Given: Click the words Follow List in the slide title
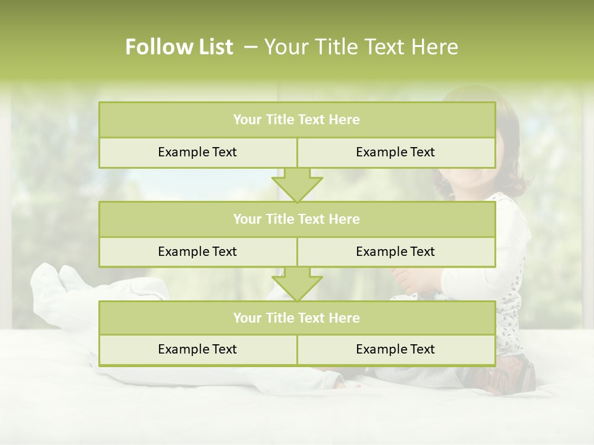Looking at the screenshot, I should pos(179,47).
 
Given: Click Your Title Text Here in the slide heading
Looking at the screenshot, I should pos(361,47).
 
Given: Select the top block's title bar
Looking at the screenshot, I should pos(297,120).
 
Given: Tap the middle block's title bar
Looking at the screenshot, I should pos(297,219).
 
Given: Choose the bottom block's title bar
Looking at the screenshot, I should pos(297,318).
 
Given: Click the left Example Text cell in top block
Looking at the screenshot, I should pos(197,152).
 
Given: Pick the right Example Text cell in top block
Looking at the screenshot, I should pos(395,152).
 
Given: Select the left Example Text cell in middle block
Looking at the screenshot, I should pos(197,252).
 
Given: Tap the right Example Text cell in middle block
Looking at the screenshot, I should pos(395,252).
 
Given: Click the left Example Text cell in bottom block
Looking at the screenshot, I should pos(197,349).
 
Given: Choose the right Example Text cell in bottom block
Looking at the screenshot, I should pos(395,349).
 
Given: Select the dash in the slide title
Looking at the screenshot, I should pos(251,47).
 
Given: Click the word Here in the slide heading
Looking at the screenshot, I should pos(437,47).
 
